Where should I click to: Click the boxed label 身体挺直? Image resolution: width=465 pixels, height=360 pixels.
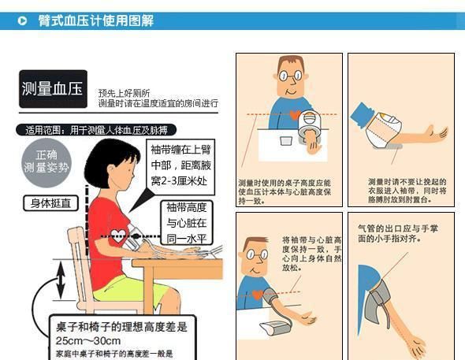click(50, 203)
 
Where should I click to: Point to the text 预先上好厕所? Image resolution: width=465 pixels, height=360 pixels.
click(124, 93)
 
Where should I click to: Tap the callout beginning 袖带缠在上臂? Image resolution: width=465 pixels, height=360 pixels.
click(179, 167)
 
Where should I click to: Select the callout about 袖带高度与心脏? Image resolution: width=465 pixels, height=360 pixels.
click(187, 223)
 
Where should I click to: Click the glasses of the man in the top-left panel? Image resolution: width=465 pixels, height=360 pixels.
click(291, 78)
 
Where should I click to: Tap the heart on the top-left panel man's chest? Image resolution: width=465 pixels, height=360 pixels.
click(294, 115)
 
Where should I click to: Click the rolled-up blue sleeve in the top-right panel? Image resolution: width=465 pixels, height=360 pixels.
click(364, 118)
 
